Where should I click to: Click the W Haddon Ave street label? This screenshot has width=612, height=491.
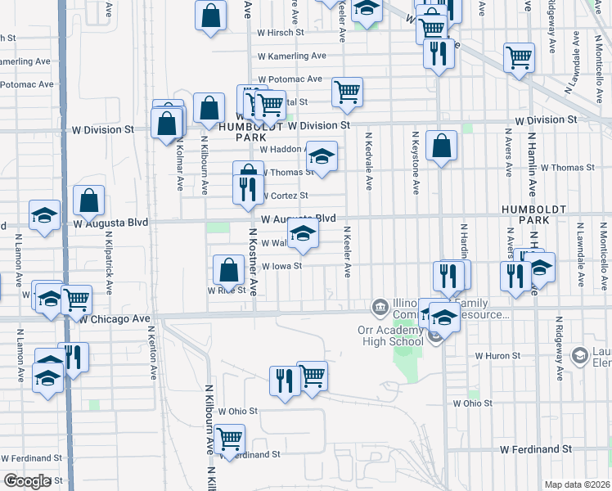click(x=282, y=150)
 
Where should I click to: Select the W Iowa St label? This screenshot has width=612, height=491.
click(x=281, y=266)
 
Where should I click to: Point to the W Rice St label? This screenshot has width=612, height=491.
click(x=227, y=291)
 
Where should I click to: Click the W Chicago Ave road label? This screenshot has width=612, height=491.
click(x=115, y=318)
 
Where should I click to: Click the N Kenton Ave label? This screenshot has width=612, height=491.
click(x=153, y=353)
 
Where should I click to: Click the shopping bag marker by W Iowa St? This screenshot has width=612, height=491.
click(x=228, y=269)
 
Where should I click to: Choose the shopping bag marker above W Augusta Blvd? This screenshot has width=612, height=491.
click(x=88, y=199)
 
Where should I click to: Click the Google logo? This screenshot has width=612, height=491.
click(x=27, y=481)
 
